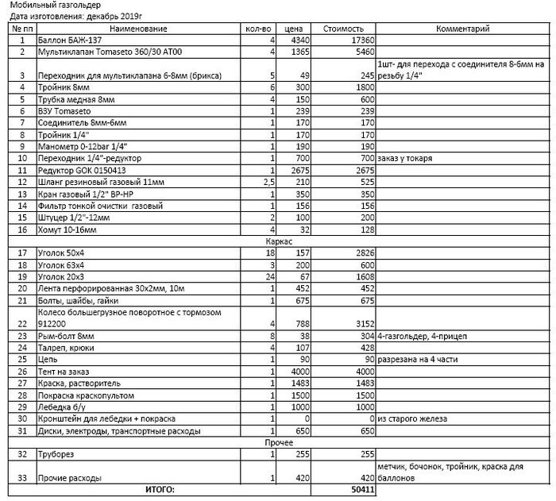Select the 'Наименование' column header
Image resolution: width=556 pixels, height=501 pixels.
(x=138, y=29)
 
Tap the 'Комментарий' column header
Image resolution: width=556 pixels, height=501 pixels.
(x=461, y=29)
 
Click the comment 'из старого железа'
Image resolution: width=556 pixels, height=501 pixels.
(x=412, y=418)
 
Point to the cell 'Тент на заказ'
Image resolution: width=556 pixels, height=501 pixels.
(x=63, y=372)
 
